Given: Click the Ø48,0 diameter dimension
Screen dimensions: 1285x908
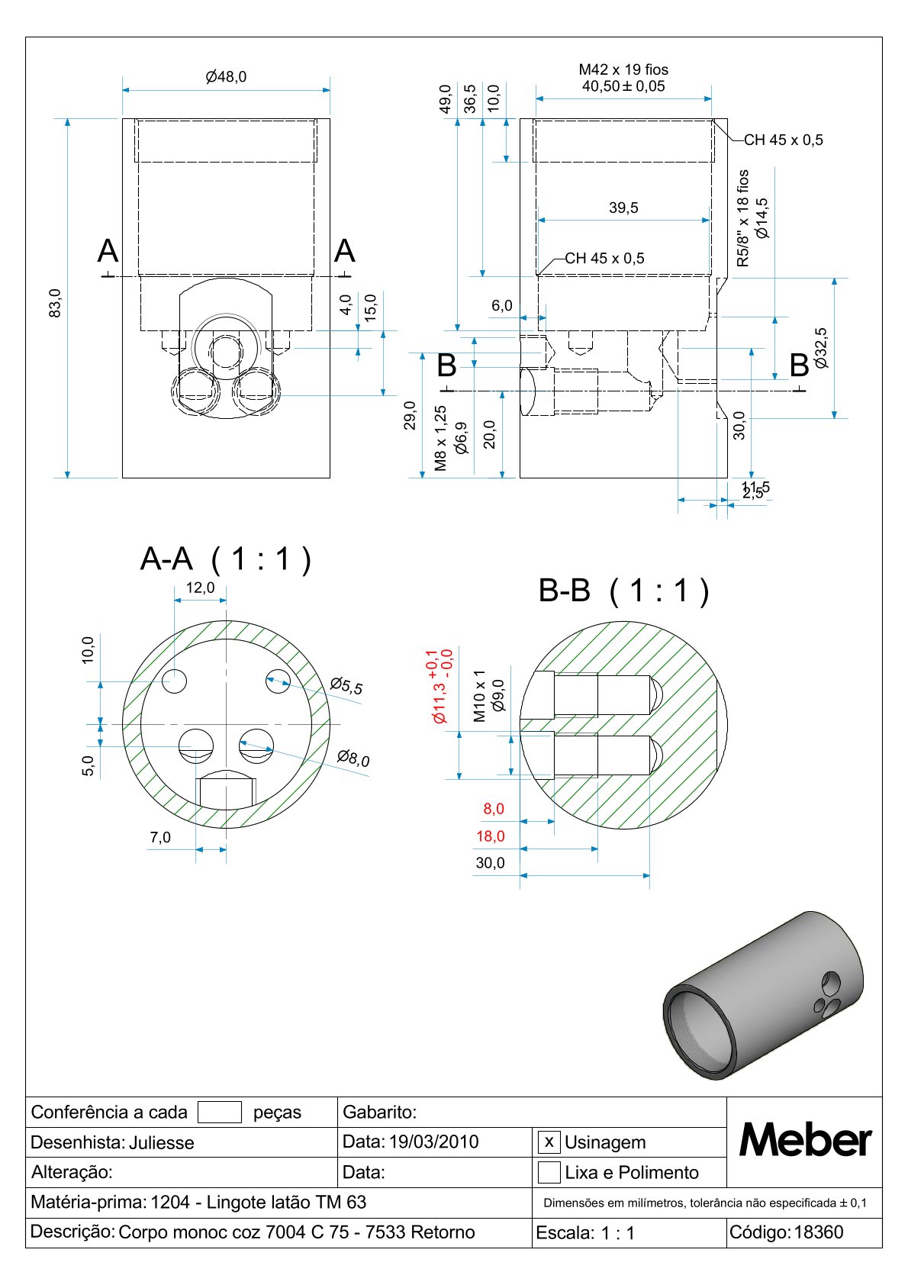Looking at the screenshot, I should (x=226, y=76).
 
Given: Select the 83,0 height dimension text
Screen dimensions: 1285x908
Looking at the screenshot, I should (x=55, y=303).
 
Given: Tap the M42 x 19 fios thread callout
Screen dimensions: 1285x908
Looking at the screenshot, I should (x=623, y=69).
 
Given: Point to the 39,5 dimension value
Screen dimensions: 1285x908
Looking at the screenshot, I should (x=623, y=208).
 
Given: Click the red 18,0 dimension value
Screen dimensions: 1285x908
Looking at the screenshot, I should (x=490, y=836).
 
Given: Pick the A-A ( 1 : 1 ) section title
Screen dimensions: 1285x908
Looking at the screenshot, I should (x=226, y=559).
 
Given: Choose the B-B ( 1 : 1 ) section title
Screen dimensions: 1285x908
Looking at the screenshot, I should (x=623, y=591).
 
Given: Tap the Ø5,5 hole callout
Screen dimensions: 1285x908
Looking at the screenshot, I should (x=346, y=686).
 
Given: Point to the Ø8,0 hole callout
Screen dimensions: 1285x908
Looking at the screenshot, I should (x=353, y=758).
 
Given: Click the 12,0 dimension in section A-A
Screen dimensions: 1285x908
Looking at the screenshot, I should (x=201, y=588).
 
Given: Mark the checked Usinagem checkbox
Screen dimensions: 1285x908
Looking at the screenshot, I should (x=549, y=1142).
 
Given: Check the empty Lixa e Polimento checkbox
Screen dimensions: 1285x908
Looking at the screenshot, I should (x=549, y=1172).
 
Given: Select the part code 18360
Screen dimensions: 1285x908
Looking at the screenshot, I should (x=819, y=1232).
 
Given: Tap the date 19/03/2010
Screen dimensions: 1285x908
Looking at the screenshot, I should (x=434, y=1142).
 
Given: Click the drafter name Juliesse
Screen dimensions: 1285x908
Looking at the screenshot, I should (x=162, y=1142).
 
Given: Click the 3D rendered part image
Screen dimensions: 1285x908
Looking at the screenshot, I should (x=763, y=995).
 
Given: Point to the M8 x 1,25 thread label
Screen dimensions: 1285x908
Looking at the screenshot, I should (x=440, y=438).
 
